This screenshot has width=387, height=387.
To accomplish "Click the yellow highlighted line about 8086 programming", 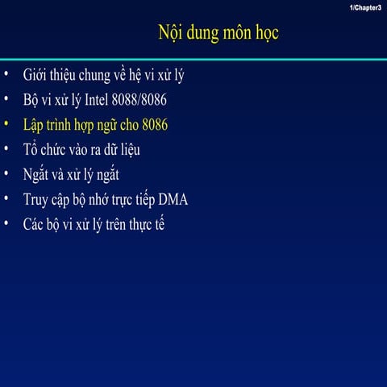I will click(95, 126).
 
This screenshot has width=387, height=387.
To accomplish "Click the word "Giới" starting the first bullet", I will click(36, 77).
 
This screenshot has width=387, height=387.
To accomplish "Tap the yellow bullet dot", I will click(6, 125).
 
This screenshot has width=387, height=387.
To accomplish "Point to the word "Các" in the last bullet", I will click(35, 223).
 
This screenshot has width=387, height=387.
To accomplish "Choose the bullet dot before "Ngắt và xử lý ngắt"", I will click(6, 174).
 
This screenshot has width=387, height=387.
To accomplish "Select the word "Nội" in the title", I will click(171, 34).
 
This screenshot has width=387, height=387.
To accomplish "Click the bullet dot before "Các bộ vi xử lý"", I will click(6, 223).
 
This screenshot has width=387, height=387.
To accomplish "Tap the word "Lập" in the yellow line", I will click(36, 126).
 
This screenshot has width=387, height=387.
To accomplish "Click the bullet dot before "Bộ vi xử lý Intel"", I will click(6, 101).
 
